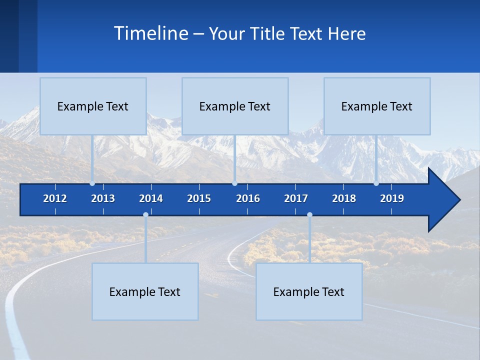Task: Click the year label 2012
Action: click(x=55, y=198)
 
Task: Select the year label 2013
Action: click(x=103, y=198)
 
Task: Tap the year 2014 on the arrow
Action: click(x=151, y=198)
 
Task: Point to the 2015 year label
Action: click(x=199, y=198)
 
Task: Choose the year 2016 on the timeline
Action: click(x=248, y=198)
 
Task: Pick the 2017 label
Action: click(x=296, y=198)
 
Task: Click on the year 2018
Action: click(x=344, y=198)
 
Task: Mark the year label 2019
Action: click(x=392, y=198)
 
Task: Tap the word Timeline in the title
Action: click(x=150, y=33)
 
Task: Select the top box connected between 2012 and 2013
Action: click(x=93, y=106)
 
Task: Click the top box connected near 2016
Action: click(x=235, y=106)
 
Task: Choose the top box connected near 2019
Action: click(x=377, y=106)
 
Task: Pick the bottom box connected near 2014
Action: click(x=145, y=291)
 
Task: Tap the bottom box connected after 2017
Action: click(x=309, y=291)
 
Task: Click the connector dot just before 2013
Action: click(x=92, y=183)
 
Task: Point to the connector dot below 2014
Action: click(x=145, y=215)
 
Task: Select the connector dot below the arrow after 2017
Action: click(x=309, y=215)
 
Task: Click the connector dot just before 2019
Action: click(x=376, y=183)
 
